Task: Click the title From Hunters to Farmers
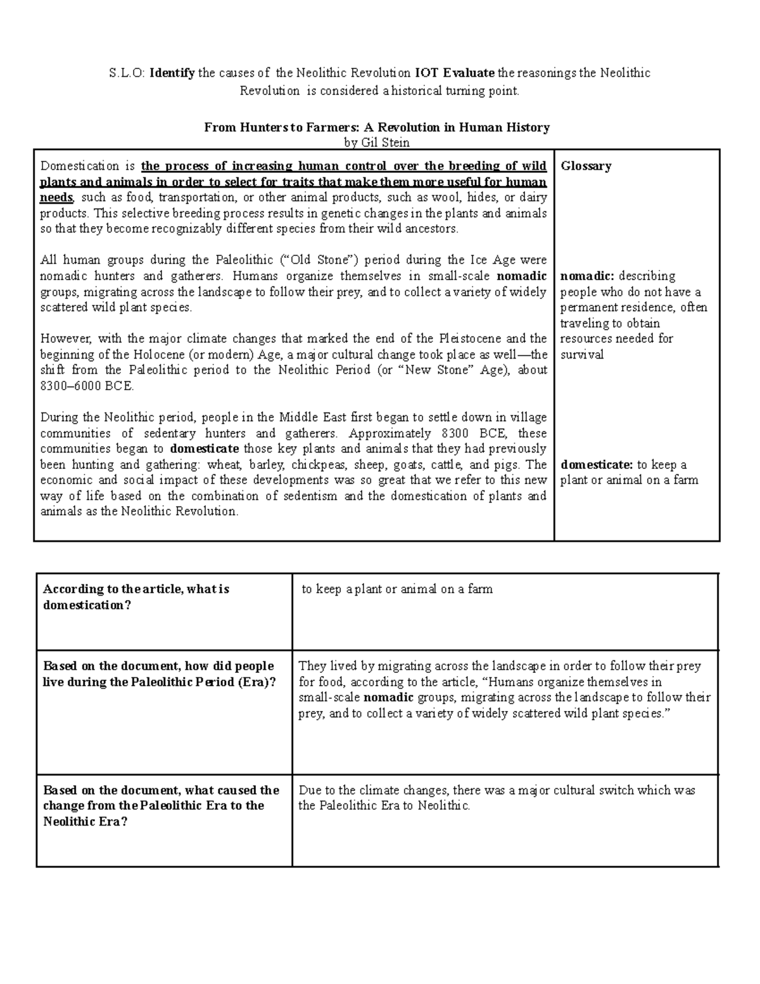[x=376, y=127]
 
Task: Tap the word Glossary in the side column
[x=586, y=166]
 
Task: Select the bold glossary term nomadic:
[x=587, y=276]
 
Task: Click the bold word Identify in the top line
[x=172, y=73]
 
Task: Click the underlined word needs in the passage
[x=56, y=198]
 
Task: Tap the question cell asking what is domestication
[x=136, y=597]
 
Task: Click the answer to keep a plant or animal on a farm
[x=397, y=589]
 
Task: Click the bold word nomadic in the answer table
[x=388, y=698]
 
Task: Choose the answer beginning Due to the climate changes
[x=497, y=798]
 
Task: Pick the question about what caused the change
[x=161, y=805]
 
